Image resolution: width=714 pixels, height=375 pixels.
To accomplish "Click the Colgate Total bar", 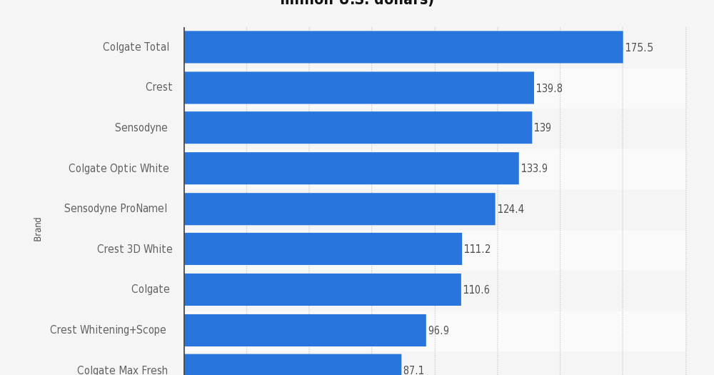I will click(403, 47).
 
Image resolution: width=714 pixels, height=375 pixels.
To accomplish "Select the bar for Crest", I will click(358, 88).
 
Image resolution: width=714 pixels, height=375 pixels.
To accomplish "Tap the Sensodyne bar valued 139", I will click(358, 128).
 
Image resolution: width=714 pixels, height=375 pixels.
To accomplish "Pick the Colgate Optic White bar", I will click(351, 169).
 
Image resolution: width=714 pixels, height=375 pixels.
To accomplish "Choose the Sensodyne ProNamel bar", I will click(339, 209).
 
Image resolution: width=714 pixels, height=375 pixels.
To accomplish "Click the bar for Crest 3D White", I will click(323, 249).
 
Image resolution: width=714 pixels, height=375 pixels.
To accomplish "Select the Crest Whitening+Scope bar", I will click(305, 330).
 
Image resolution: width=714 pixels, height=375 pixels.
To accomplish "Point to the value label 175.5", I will click(639, 48).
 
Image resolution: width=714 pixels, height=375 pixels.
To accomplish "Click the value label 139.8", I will click(549, 89).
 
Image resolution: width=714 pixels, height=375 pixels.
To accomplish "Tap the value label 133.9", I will click(534, 169).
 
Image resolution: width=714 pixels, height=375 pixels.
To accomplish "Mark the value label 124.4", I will click(511, 210).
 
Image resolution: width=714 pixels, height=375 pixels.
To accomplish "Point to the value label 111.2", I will click(477, 250).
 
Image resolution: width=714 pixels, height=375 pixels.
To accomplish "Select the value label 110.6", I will click(476, 291).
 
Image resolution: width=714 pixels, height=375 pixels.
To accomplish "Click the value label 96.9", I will click(438, 331).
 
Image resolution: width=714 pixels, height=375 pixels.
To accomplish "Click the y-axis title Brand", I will click(39, 229).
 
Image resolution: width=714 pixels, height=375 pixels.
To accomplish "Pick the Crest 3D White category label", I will click(135, 249).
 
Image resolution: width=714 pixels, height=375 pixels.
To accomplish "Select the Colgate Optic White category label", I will click(119, 169).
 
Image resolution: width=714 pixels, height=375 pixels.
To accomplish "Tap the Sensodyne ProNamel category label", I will click(116, 209).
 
